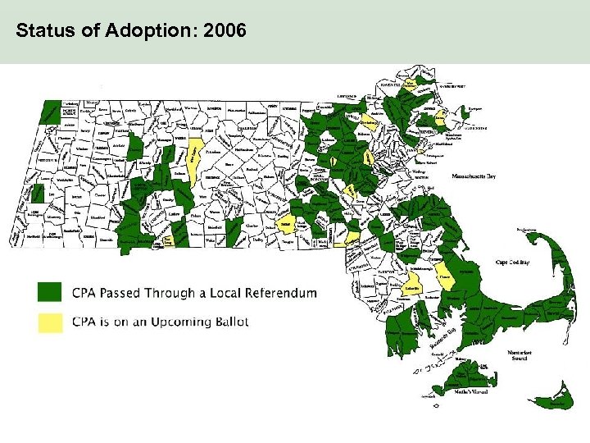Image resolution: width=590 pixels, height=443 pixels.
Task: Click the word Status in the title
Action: point(40,32)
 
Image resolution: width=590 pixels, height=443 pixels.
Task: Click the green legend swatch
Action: point(50,292)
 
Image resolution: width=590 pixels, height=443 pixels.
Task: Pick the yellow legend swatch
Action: point(50,322)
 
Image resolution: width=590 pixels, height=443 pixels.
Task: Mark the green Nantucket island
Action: point(551,399)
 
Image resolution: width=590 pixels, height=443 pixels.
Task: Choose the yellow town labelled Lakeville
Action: point(413,288)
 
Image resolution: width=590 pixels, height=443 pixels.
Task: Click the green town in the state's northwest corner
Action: point(52,111)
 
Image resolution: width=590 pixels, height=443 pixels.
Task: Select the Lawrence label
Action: point(347,96)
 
